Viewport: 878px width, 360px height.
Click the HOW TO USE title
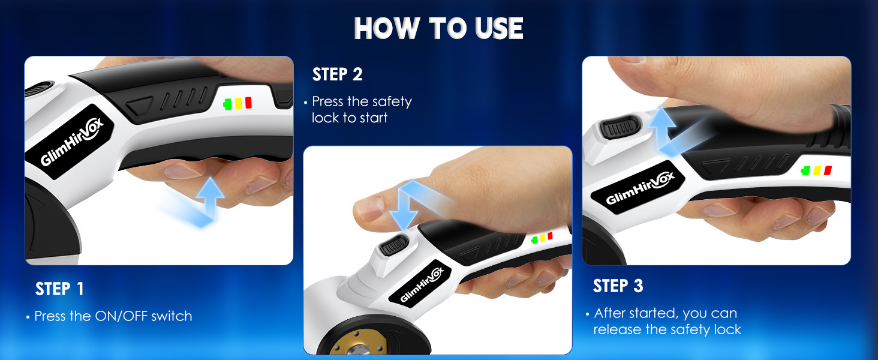[438, 28]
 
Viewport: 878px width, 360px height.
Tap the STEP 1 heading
[59, 289]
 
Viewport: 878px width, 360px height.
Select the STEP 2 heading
[337, 74]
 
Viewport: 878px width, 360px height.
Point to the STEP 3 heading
[618, 286]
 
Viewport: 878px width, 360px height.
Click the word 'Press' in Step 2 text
[329, 101]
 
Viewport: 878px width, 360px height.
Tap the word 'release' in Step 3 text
[617, 329]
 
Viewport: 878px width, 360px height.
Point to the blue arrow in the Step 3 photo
[666, 130]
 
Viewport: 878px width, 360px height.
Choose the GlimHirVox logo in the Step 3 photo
[640, 188]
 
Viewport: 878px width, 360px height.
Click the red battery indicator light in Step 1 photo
[248, 103]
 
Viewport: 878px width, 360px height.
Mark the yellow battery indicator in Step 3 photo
[817, 170]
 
